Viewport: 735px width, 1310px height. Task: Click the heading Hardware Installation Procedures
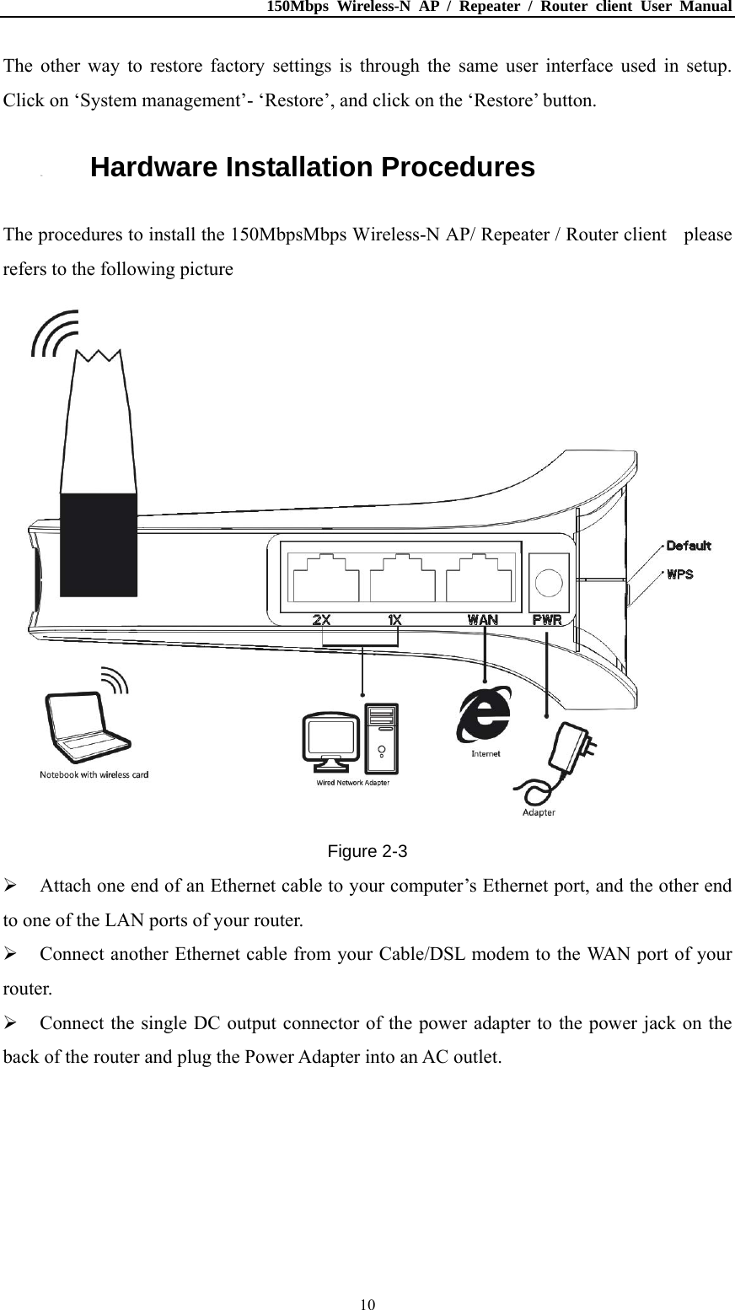click(312, 168)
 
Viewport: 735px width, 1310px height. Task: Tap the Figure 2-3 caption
click(367, 851)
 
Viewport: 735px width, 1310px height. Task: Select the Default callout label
click(688, 546)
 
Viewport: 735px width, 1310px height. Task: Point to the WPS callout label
click(680, 574)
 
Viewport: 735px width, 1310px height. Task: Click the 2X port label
click(321, 619)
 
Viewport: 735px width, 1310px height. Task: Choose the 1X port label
click(394, 619)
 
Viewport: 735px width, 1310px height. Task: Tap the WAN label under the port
click(482, 619)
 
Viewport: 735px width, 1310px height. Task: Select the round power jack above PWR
click(548, 582)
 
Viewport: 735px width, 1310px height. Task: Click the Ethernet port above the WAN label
click(479, 578)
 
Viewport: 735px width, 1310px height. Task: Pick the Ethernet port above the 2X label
click(325, 578)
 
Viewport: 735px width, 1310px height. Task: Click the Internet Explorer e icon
click(484, 716)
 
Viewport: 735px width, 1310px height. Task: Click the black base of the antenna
click(99, 544)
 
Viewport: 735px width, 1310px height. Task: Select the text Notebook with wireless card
click(94, 774)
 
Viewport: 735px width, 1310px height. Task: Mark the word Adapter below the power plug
click(539, 813)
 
